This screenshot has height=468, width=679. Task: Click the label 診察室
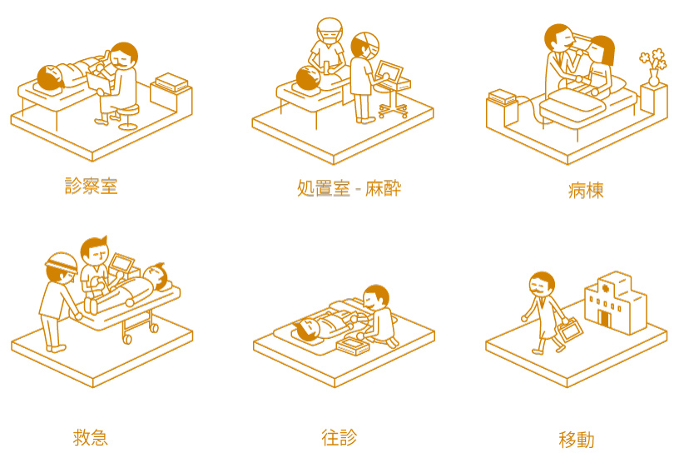[x=91, y=186]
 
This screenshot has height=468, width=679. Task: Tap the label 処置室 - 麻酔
[x=349, y=188]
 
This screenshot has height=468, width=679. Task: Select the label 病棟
[x=586, y=190]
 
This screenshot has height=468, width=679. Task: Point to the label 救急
[x=90, y=437]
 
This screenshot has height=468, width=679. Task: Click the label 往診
[x=339, y=437]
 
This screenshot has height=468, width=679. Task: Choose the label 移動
[x=577, y=440]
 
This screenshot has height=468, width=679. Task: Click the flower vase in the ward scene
[x=653, y=77]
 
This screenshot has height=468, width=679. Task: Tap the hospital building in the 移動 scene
[x=616, y=302]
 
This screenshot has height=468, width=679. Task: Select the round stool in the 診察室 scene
[x=128, y=117]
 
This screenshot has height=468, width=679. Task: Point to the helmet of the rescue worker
[x=62, y=261]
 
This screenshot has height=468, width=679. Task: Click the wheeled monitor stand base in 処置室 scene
[x=393, y=111]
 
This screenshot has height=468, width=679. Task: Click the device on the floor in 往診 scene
[x=352, y=346]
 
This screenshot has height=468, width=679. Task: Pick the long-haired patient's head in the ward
[x=602, y=50]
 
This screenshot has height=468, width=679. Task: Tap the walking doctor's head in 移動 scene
[x=542, y=285]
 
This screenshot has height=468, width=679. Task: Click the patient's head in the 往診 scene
[x=307, y=329]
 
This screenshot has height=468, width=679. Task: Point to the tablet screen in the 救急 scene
[x=121, y=262]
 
